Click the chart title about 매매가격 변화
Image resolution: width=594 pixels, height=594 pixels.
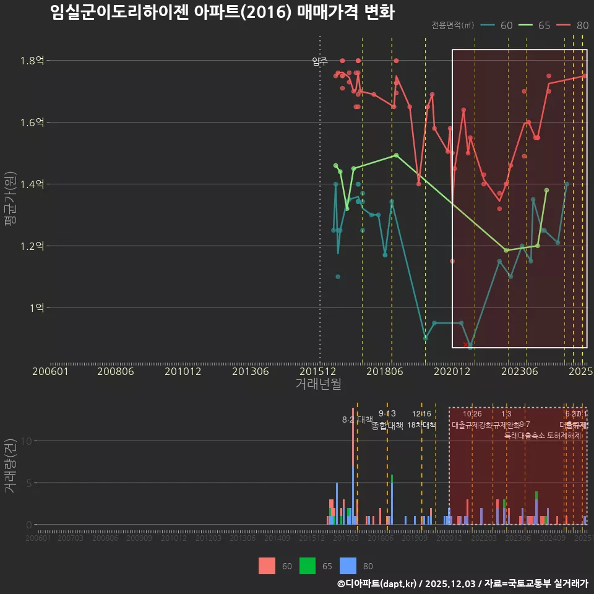click(222, 12)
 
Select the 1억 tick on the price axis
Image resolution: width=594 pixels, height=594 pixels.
click(37, 308)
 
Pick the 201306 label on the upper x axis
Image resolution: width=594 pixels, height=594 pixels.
click(249, 371)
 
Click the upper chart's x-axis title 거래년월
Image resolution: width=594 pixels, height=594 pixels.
click(318, 384)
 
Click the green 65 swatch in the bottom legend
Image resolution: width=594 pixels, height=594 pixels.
click(307, 566)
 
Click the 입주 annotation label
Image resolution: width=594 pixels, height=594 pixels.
click(320, 61)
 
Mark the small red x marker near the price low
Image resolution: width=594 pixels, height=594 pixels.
click(465, 344)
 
